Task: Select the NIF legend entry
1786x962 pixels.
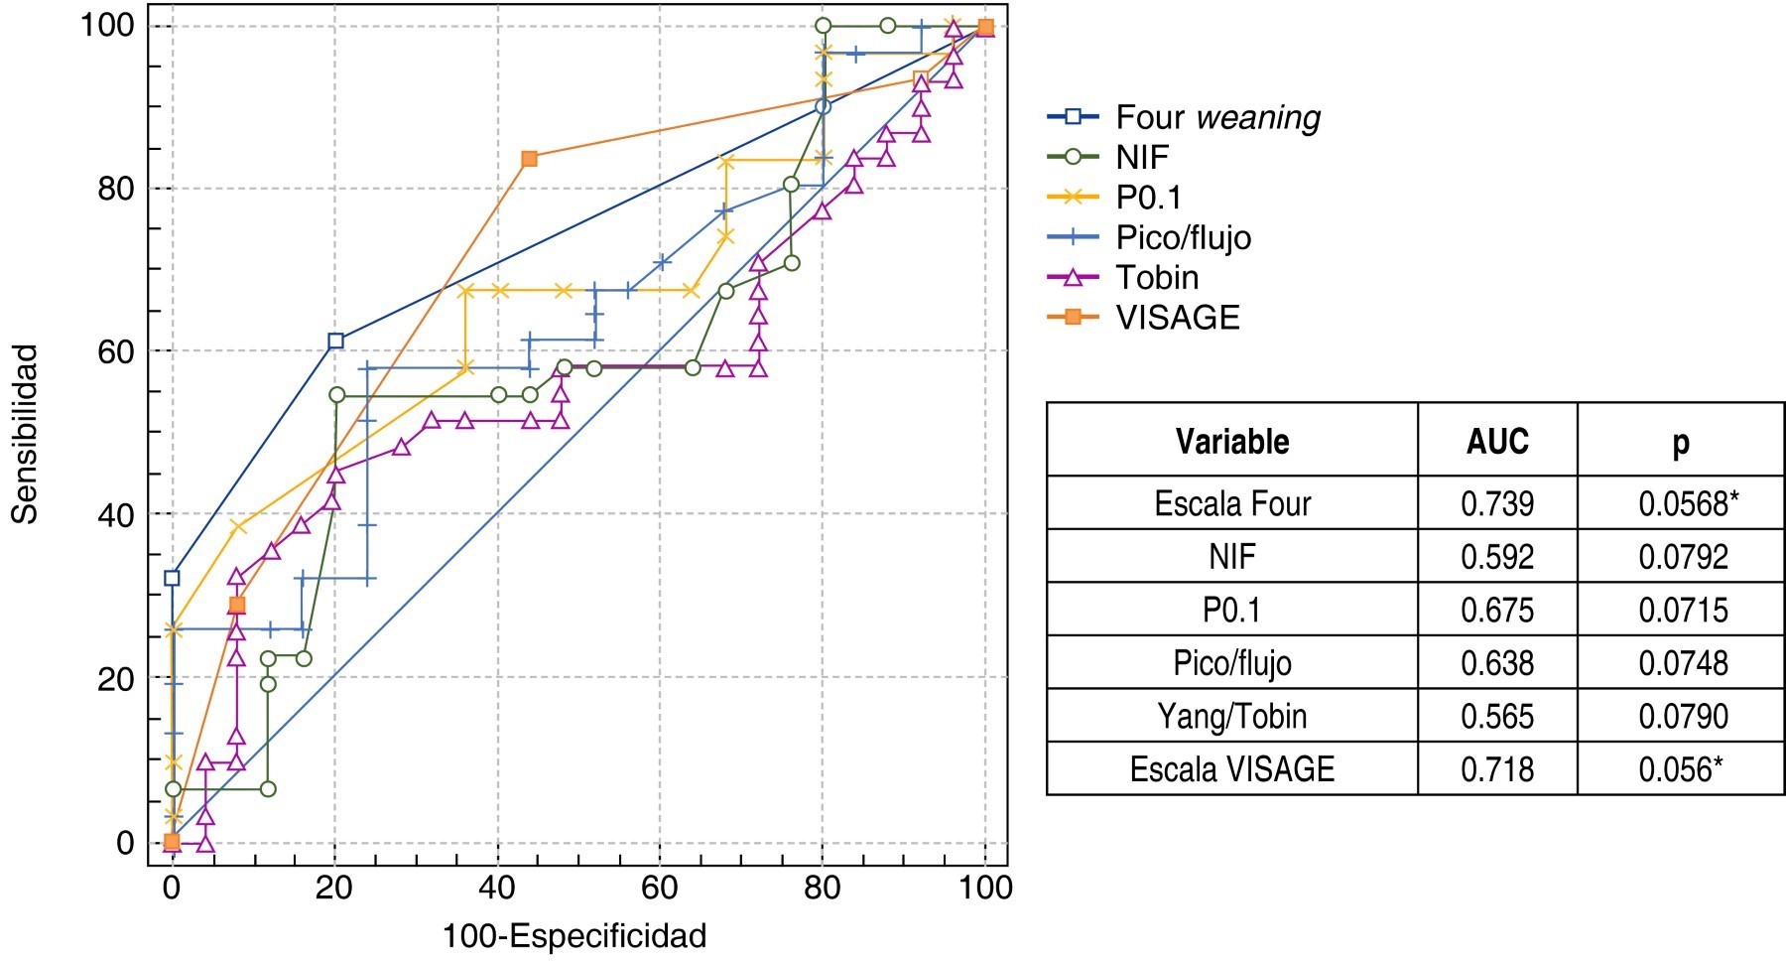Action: (1141, 157)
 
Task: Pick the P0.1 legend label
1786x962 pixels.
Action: (1148, 198)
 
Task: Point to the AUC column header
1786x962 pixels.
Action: (1496, 441)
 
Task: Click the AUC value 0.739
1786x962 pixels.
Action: (1496, 503)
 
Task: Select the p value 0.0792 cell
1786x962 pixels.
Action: (1683, 556)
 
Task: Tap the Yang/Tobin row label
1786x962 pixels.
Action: (1231, 716)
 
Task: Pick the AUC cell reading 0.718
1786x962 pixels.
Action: (1496, 769)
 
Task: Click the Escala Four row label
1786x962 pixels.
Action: (1231, 503)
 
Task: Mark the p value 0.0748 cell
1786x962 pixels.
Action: (1683, 663)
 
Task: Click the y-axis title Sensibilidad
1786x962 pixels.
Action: (25, 434)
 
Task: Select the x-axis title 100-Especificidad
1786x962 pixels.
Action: (574, 936)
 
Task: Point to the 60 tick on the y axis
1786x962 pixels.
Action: (117, 351)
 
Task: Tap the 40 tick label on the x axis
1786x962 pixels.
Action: (497, 887)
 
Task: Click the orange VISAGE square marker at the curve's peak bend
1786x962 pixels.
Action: (529, 159)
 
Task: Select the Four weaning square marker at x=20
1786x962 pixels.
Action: (335, 341)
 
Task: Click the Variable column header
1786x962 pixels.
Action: (1231, 441)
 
